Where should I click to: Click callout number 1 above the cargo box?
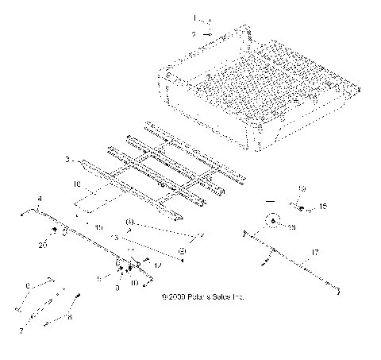[x=192, y=17]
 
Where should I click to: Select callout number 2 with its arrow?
[x=192, y=34]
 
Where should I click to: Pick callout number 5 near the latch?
[x=98, y=278]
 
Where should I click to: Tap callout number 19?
[x=302, y=188]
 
